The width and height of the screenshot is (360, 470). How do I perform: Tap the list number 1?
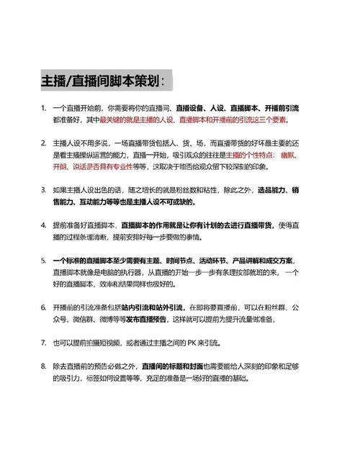click(44, 108)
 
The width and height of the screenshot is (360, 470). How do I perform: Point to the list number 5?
click(44, 259)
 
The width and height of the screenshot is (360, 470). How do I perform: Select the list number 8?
click(44, 366)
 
